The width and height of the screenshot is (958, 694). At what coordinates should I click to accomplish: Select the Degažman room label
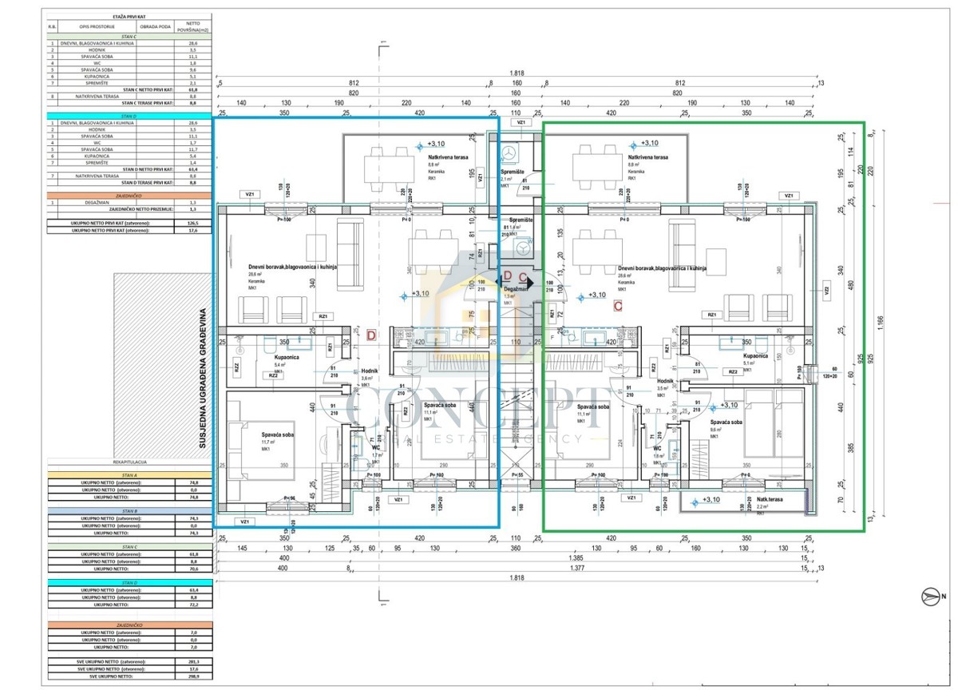click(515, 288)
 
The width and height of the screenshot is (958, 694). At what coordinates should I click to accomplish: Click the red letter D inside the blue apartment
click(370, 336)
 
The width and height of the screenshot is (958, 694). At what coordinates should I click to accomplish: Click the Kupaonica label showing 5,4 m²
click(287, 358)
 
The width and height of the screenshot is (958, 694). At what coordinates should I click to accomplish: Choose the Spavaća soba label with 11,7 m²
click(277, 434)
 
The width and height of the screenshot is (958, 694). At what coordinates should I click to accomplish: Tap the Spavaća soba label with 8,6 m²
click(728, 421)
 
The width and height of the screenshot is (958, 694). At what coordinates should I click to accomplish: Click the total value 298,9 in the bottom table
click(193, 676)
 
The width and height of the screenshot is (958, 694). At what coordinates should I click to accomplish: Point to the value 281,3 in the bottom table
click(193, 662)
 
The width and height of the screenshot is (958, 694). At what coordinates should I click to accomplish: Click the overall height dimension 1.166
click(879, 319)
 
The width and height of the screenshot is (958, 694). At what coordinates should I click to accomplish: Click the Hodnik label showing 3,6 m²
click(369, 372)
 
